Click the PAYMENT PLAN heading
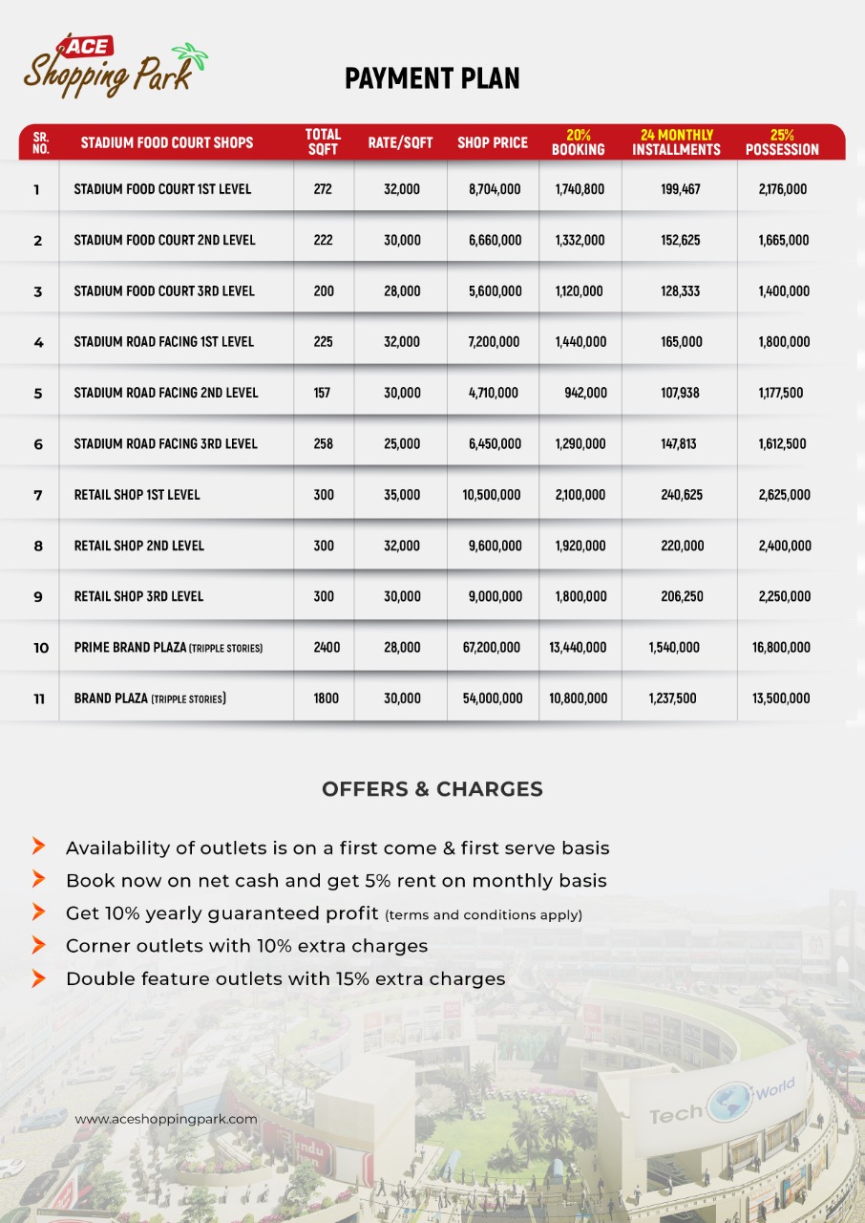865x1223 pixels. click(432, 78)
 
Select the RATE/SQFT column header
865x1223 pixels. click(400, 142)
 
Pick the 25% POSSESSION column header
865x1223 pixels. click(782, 142)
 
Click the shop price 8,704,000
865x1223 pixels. click(495, 189)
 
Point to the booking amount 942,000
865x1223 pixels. click(582, 393)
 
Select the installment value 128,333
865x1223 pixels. click(680, 290)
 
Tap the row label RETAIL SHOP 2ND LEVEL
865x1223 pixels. click(139, 546)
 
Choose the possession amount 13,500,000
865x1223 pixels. click(781, 698)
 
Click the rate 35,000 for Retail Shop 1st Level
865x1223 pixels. click(402, 495)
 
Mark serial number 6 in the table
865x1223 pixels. click(38, 444)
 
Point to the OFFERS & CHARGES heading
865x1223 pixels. click(432, 789)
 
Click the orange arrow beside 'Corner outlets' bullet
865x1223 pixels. click(39, 946)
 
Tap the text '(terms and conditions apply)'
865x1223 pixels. click(483, 915)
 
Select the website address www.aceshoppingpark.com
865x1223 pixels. click(166, 1119)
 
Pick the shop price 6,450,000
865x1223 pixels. click(495, 444)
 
